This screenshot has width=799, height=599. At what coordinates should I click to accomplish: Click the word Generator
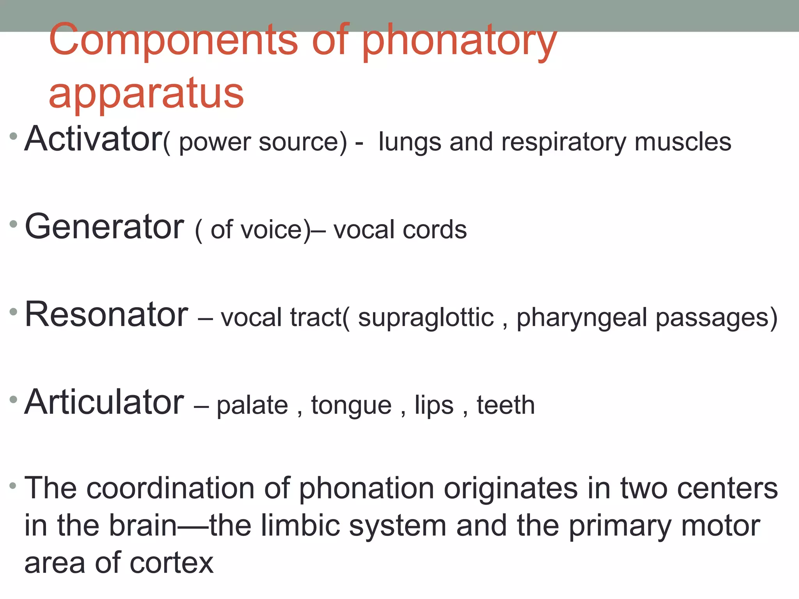[104, 227]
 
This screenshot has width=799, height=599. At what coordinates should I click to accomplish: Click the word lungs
[410, 142]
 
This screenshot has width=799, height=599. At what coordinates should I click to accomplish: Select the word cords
[435, 230]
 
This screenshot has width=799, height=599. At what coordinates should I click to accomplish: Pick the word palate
[252, 406]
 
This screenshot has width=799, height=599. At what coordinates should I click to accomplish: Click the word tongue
[351, 406]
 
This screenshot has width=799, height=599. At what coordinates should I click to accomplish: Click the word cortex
[171, 563]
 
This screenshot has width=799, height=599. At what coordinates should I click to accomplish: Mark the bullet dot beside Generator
[14, 224]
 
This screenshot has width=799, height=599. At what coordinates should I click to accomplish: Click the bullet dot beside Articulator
[14, 399]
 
